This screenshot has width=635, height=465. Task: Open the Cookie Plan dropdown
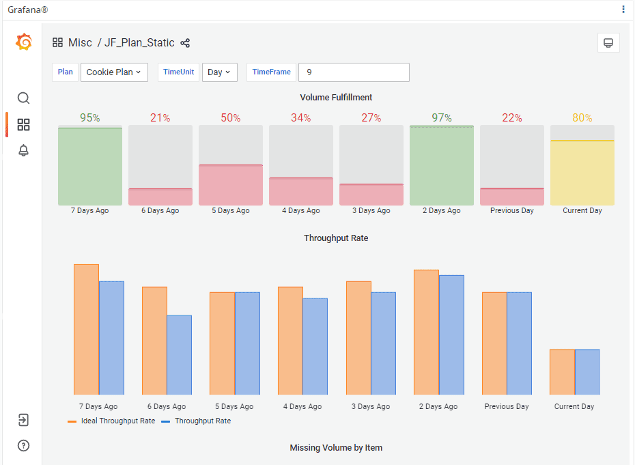[x=114, y=72]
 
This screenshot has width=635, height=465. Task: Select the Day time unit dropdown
[x=219, y=72]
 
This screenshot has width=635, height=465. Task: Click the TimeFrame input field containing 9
[x=354, y=72]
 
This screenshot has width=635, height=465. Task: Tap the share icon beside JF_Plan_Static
[x=185, y=43]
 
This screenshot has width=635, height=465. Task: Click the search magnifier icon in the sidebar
[x=23, y=98]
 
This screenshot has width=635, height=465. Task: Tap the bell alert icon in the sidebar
[x=23, y=151]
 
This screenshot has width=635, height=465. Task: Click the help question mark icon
[x=23, y=446]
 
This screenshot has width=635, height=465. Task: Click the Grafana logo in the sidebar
[x=23, y=42]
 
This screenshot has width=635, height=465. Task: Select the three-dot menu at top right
[x=623, y=10]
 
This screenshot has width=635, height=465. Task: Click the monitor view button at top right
[x=608, y=43]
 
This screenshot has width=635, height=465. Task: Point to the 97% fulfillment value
[x=441, y=118]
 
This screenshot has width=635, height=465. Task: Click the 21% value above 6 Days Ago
[x=160, y=118]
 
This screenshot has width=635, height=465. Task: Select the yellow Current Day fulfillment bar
[x=582, y=173]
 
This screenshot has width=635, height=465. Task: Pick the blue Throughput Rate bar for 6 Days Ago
[x=179, y=354]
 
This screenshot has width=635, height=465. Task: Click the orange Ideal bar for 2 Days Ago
[x=426, y=332]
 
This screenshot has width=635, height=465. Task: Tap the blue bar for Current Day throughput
[x=587, y=371]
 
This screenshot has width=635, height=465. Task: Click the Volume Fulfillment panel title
[x=336, y=98]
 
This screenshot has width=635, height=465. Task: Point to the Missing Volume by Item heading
[x=336, y=448]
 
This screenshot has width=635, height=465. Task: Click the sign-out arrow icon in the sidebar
[x=23, y=420]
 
